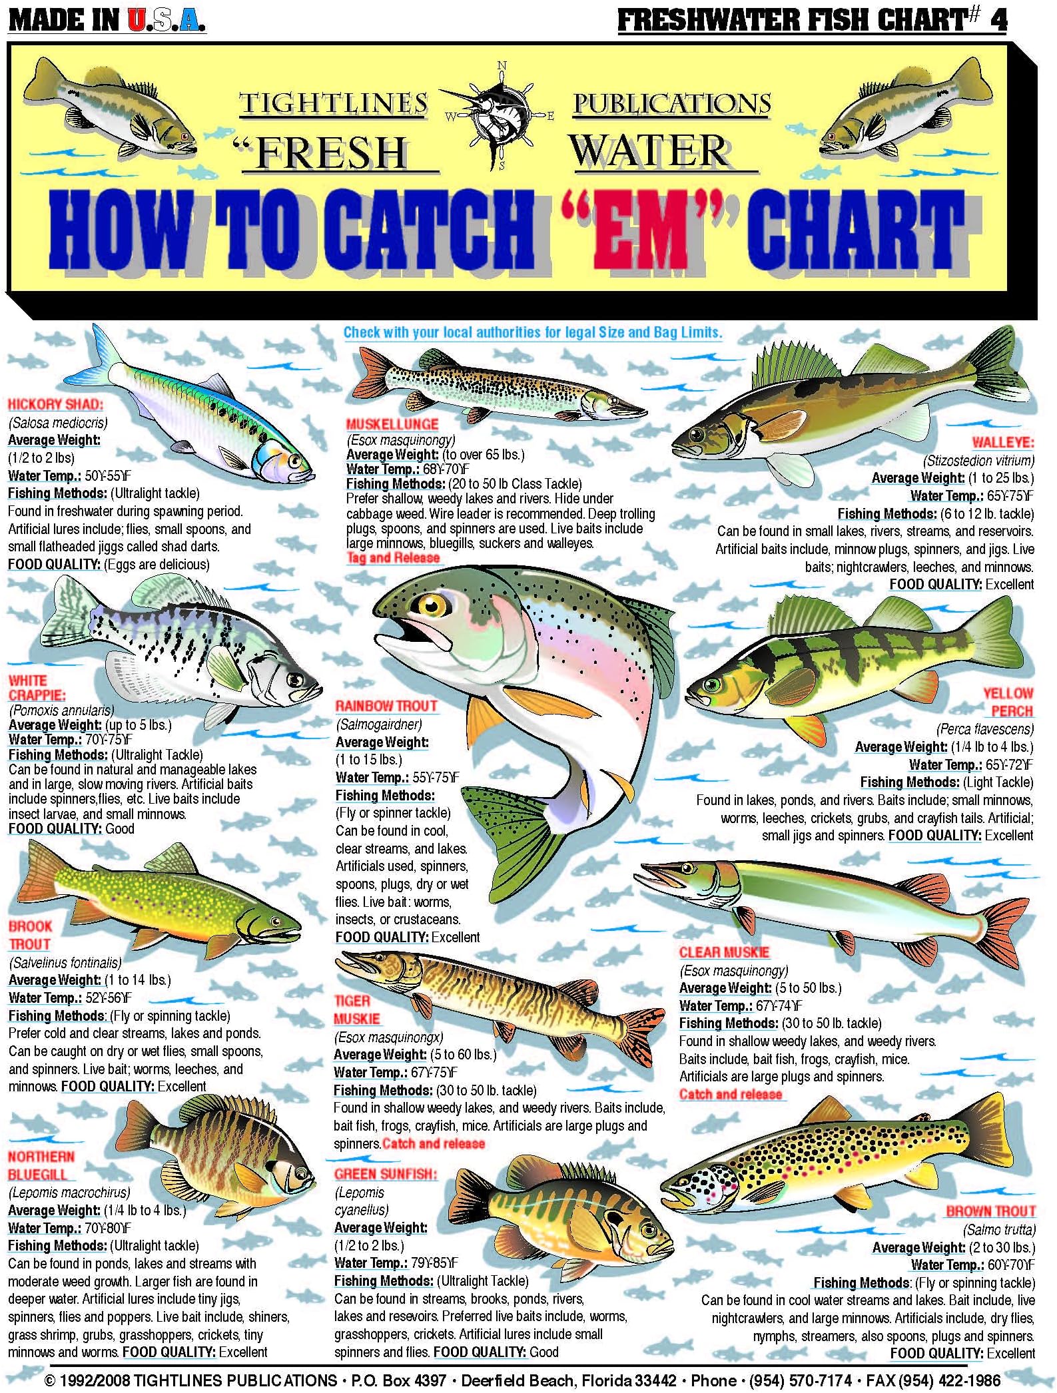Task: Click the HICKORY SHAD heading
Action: [55, 404]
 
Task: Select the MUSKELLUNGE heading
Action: [392, 424]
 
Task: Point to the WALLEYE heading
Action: [1002, 442]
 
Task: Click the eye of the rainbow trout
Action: [431, 605]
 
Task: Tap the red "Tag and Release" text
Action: [393, 558]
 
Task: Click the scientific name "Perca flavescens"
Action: [985, 729]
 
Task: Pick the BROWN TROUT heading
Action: [991, 1211]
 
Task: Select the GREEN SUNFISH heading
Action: [385, 1174]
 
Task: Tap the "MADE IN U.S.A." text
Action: [107, 20]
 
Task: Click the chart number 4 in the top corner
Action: [998, 20]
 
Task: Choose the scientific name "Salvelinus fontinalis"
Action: [65, 962]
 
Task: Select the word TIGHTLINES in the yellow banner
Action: [333, 104]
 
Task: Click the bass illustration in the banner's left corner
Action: [110, 110]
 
